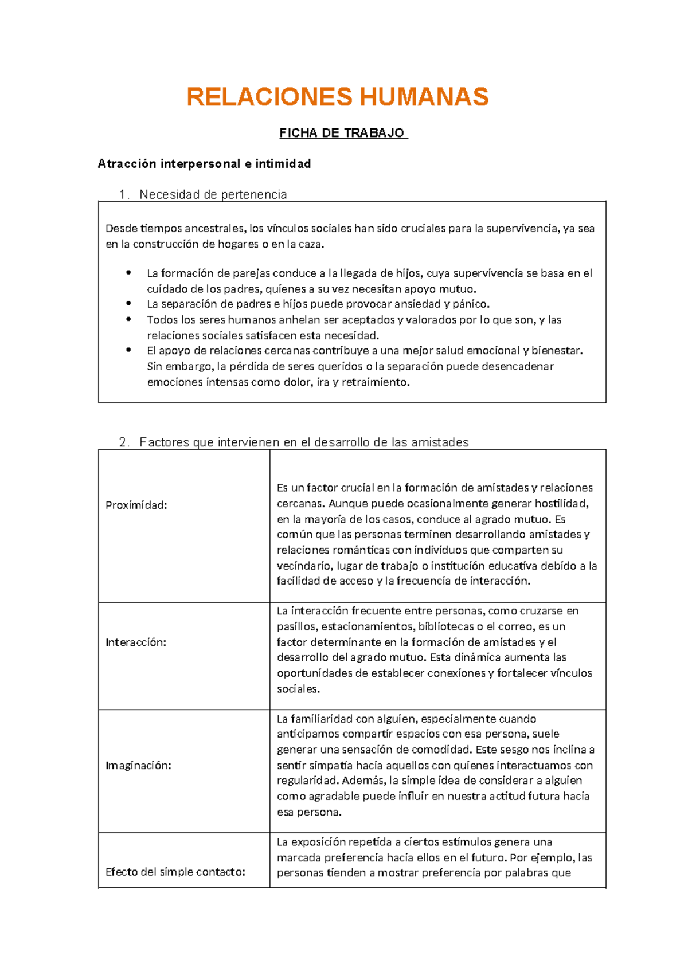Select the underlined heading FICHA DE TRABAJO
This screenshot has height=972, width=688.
pos(343,134)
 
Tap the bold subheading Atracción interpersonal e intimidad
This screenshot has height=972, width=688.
pos(204,164)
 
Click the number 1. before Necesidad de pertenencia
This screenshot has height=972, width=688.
pos(124,195)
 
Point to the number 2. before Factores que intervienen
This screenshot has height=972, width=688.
pos(124,442)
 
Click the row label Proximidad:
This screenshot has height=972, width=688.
pos(136,505)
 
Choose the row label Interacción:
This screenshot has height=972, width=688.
pos(136,642)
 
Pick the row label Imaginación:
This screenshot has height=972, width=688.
pos(138,766)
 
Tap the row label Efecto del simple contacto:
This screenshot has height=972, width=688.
pos(175,872)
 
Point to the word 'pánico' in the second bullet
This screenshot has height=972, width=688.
pos(472,304)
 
